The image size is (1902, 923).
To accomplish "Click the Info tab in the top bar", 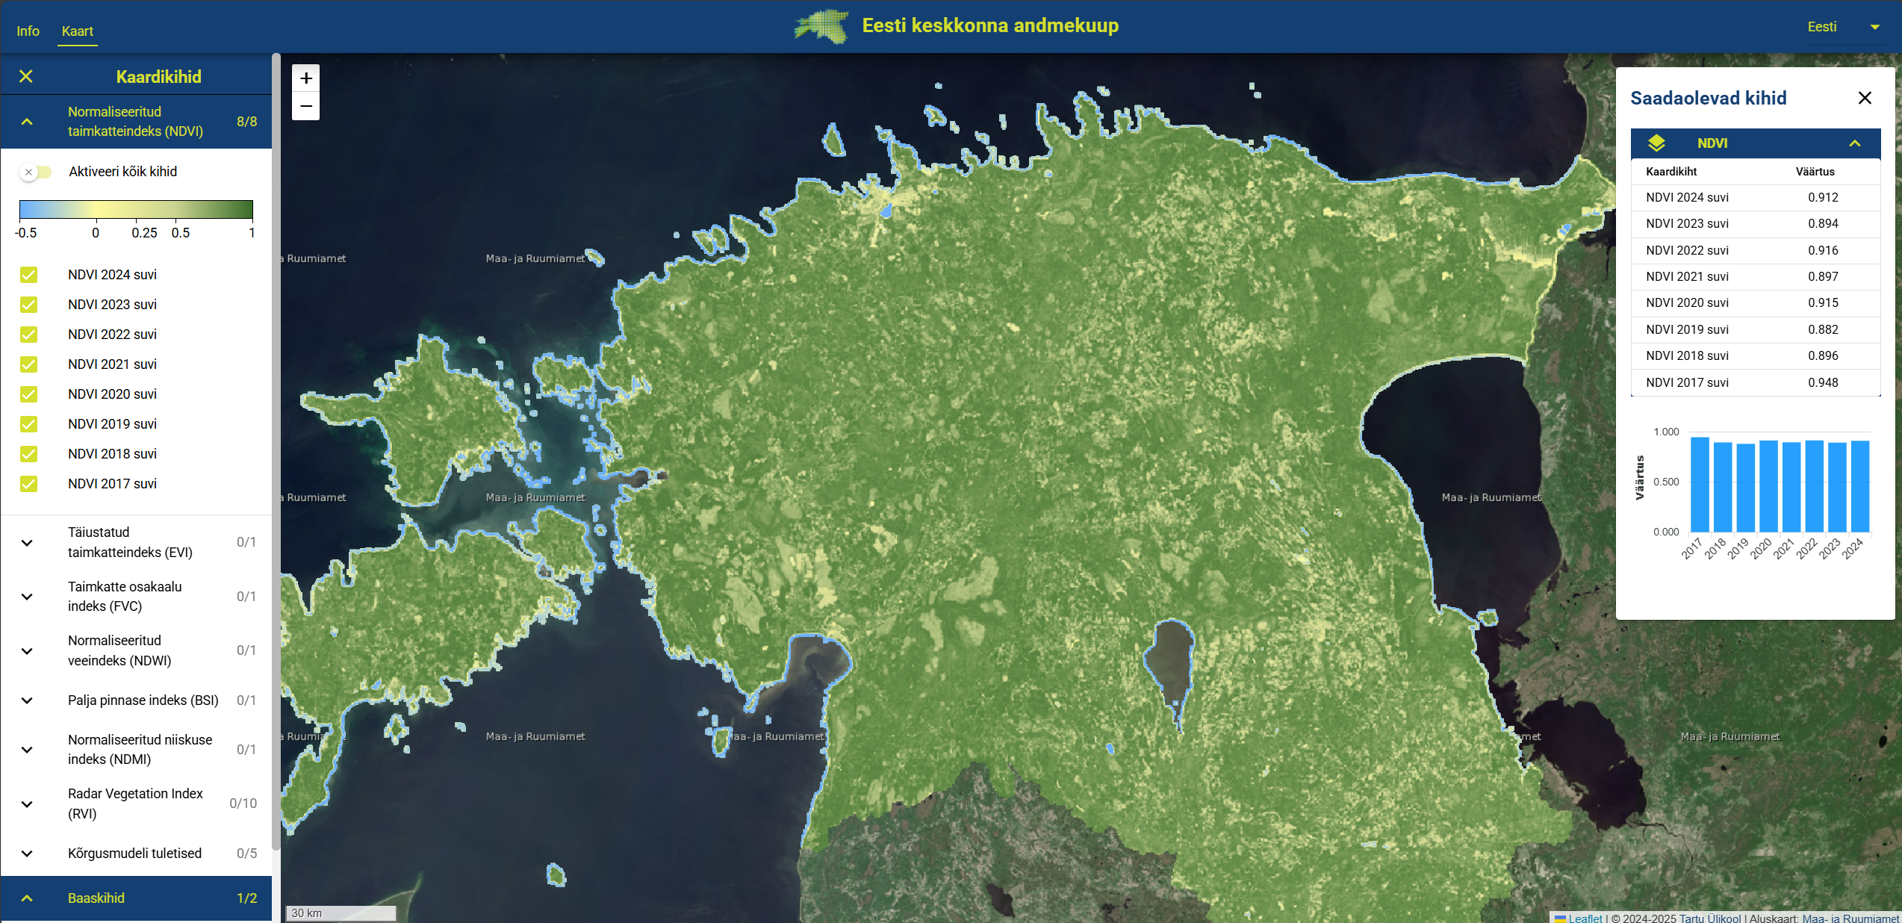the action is pyautogui.click(x=28, y=31).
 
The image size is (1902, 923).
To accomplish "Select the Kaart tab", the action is pyautogui.click(x=78, y=31).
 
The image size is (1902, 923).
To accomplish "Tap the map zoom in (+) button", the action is pyautogui.click(x=305, y=78).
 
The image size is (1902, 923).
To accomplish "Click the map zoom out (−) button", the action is pyautogui.click(x=305, y=106).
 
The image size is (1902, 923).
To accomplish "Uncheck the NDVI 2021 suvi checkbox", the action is pyautogui.click(x=28, y=364).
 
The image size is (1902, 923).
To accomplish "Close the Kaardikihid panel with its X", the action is pyautogui.click(x=26, y=76).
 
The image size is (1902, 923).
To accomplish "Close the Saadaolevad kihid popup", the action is pyautogui.click(x=1865, y=98).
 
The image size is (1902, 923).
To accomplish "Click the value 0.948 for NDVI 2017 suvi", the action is pyautogui.click(x=1823, y=382).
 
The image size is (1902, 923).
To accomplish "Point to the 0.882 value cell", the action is pyautogui.click(x=1823, y=329).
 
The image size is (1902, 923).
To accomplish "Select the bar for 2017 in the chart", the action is pyautogui.click(x=1700, y=484).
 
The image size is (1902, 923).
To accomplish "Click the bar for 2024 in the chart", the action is pyautogui.click(x=1860, y=485).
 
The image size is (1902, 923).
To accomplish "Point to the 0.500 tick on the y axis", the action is pyautogui.click(x=1666, y=482).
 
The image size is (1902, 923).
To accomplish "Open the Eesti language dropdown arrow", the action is pyautogui.click(x=1874, y=27).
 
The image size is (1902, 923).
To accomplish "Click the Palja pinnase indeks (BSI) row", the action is pyautogui.click(x=142, y=700).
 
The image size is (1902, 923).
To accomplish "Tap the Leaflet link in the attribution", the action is pyautogui.click(x=1585, y=918).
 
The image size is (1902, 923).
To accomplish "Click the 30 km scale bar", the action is pyautogui.click(x=341, y=913).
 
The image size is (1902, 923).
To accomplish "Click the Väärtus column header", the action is pyautogui.click(x=1815, y=172).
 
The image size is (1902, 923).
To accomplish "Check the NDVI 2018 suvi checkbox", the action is pyautogui.click(x=28, y=454).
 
